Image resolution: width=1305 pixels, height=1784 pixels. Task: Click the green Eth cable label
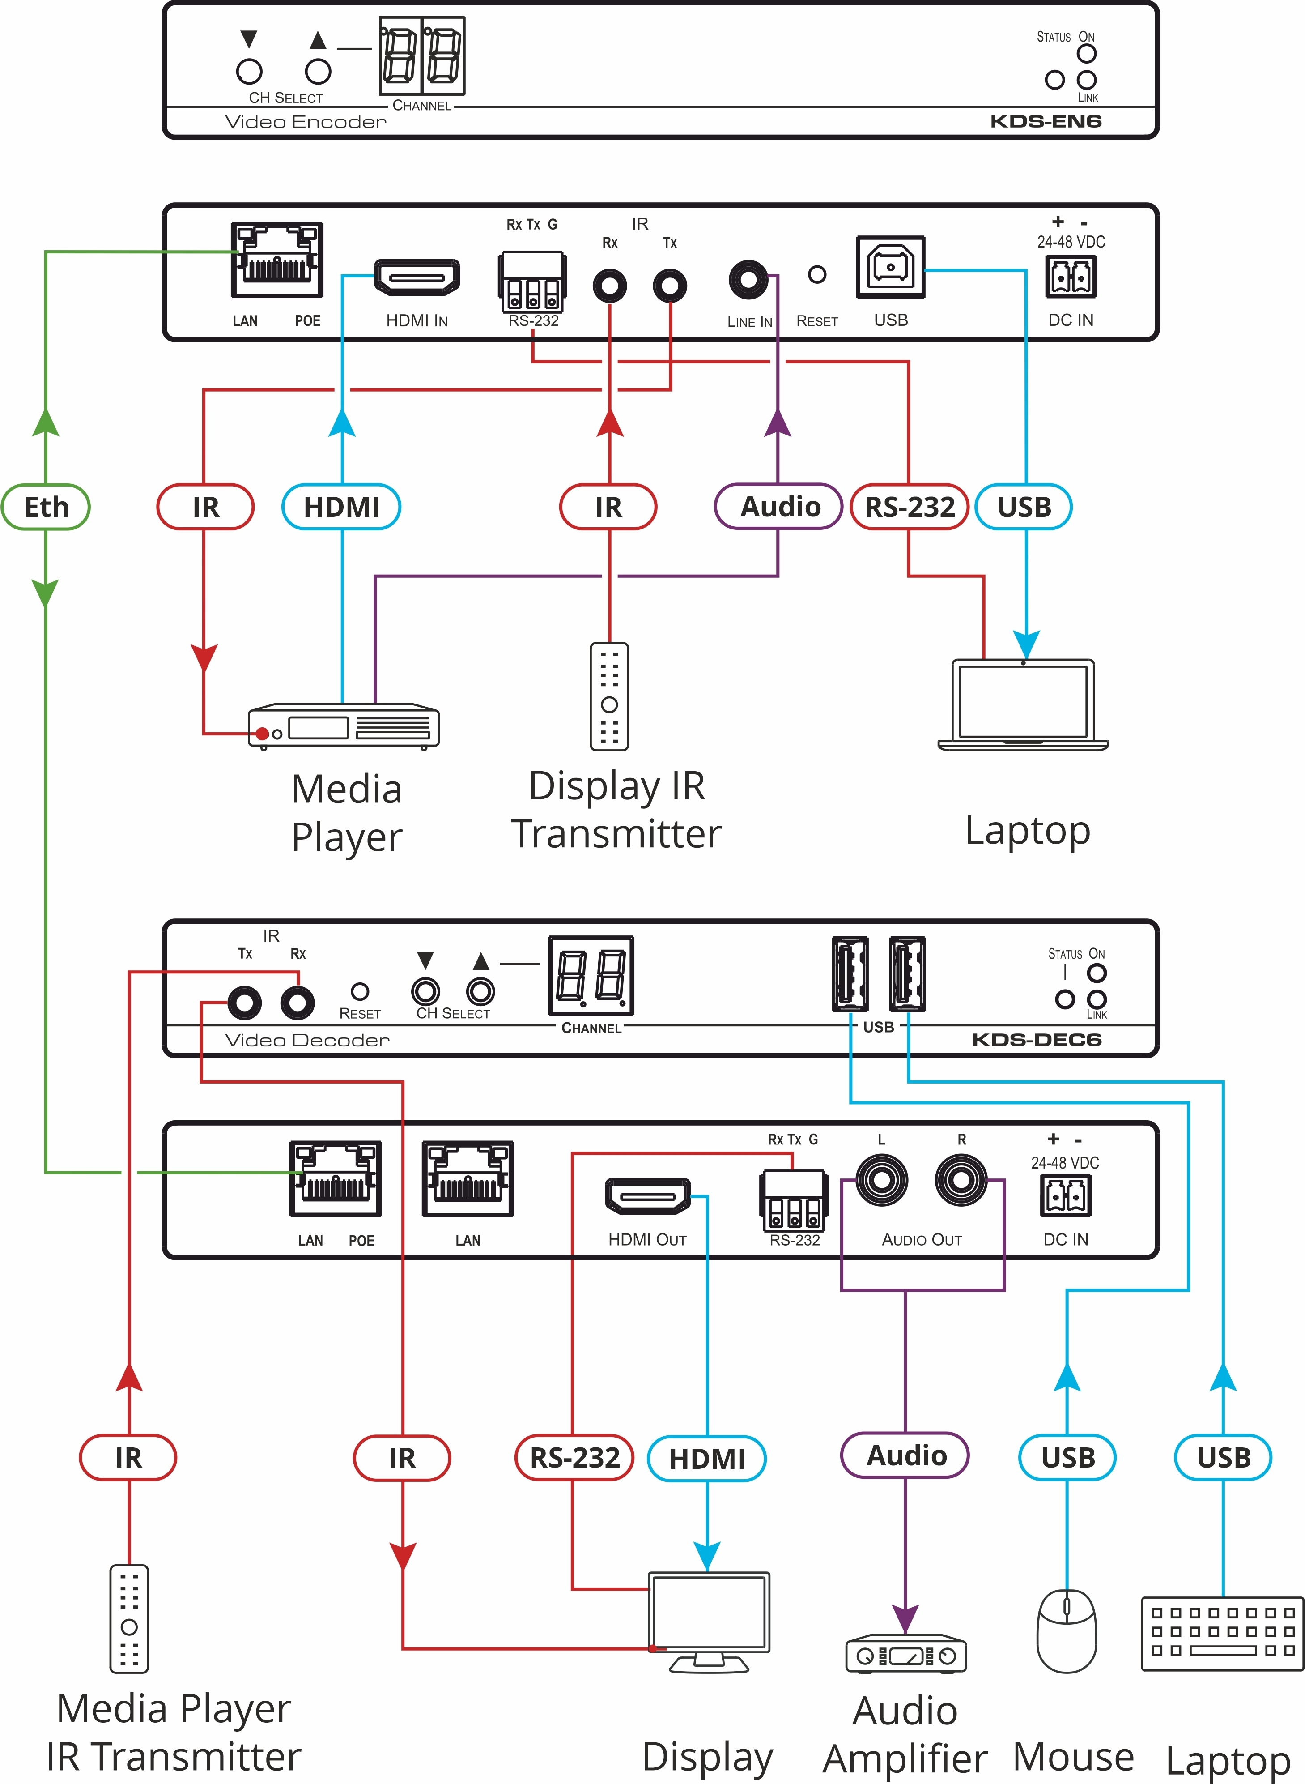(x=46, y=507)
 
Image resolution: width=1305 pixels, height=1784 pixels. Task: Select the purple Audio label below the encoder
(x=779, y=507)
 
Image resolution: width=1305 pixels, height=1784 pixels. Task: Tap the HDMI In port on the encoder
(x=417, y=277)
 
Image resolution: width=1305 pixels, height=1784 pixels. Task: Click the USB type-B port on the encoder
(x=890, y=267)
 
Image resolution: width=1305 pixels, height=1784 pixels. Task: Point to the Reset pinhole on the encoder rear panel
(x=817, y=274)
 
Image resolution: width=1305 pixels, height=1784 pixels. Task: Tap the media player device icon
(x=344, y=726)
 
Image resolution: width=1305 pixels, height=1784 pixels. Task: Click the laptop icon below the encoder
(x=1023, y=703)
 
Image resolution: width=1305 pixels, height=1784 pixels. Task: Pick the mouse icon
(x=1067, y=1630)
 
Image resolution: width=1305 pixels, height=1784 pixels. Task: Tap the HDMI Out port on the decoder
(x=647, y=1196)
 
